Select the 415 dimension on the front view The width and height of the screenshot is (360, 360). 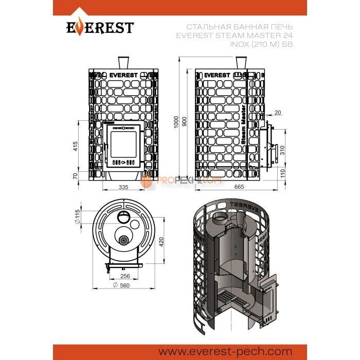(x=76, y=146)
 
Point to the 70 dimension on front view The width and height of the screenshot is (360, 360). (x=76, y=176)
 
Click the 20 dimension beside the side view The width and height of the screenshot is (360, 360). (x=278, y=112)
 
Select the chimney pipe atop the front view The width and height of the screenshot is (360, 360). (x=123, y=62)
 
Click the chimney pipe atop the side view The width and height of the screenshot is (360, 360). (x=240, y=62)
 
